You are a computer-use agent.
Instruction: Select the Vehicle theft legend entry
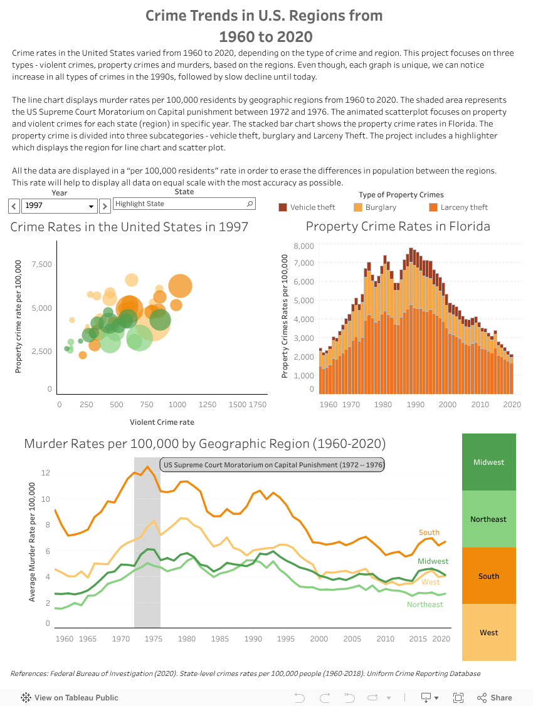(307, 207)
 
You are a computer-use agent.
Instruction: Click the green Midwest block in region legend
(488, 462)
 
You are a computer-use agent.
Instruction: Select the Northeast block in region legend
(488, 519)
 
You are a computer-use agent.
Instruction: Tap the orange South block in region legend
(488, 576)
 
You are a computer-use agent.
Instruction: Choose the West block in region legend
(488, 633)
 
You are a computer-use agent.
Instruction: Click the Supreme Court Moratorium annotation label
(272, 465)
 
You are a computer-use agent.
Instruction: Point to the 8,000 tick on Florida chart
(303, 246)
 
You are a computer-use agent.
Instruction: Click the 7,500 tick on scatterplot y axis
(41, 264)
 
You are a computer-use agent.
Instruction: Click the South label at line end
(430, 532)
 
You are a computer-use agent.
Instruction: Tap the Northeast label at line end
(425, 605)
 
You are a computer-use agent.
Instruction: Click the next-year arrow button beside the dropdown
(105, 205)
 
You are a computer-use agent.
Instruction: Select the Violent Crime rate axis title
(162, 422)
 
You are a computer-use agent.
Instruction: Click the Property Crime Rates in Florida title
(398, 226)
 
